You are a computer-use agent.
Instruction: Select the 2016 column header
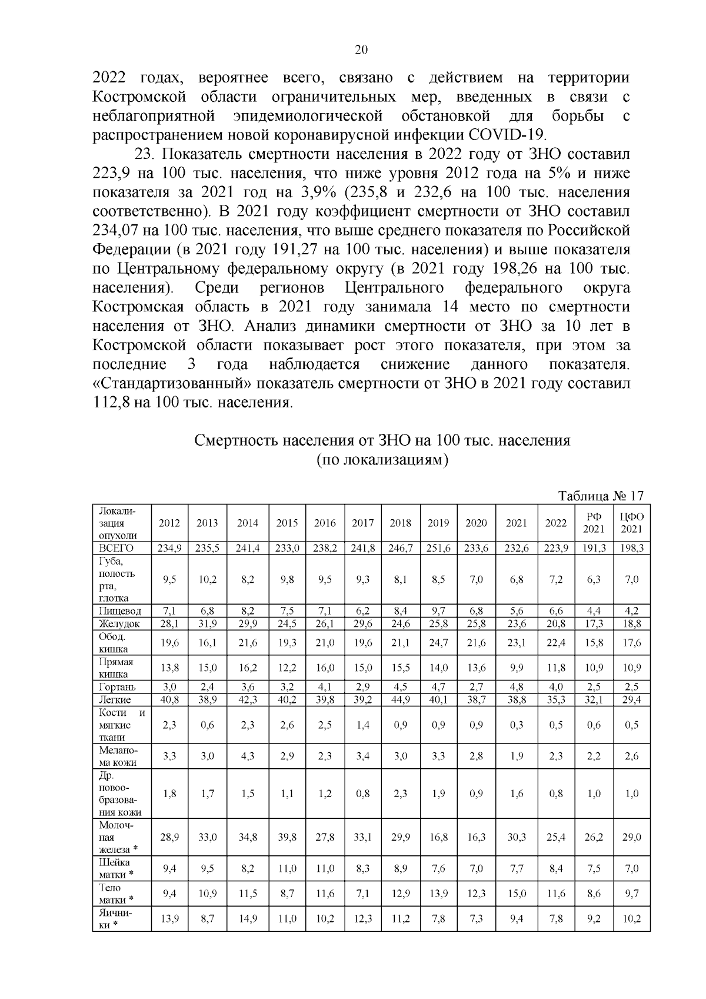pos(325,523)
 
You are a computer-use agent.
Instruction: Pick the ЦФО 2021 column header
pos(632,523)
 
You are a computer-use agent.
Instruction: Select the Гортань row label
pos(118,687)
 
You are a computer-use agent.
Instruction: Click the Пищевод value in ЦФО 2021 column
pos(632,611)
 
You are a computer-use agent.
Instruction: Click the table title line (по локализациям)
pos(382,460)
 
